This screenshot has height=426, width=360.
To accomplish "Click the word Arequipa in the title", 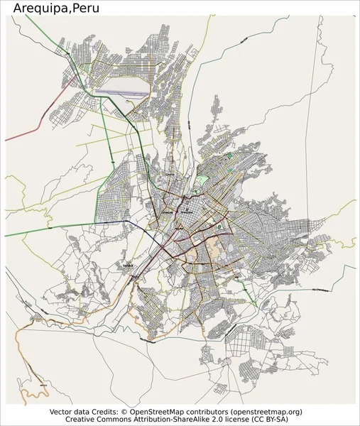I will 38,8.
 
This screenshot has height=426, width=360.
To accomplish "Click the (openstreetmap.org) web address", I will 262,412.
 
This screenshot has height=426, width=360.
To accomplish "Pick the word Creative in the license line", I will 72,420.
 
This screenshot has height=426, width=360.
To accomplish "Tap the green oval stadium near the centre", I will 219,227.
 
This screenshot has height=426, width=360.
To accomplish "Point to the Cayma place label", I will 168,173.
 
